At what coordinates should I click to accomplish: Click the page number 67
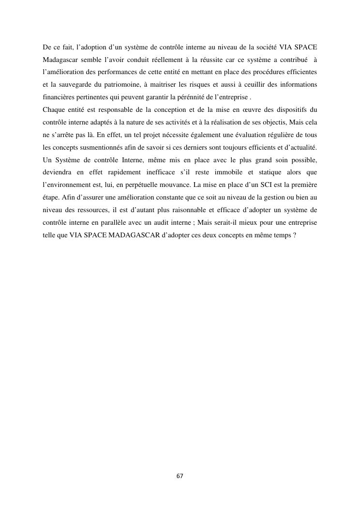click(x=180, y=476)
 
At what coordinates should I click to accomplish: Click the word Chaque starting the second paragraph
click(x=54, y=109)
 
